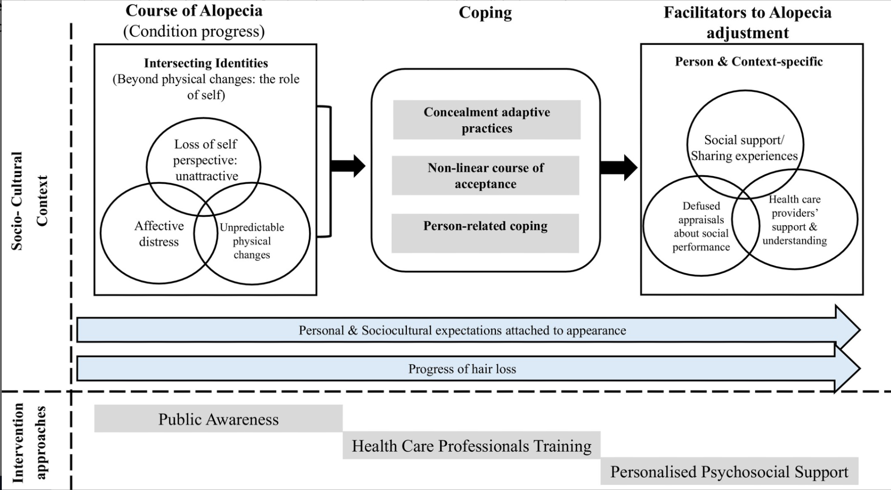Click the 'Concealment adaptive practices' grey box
click(x=486, y=120)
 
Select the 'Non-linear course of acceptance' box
click(x=486, y=176)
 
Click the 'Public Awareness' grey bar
click(x=218, y=419)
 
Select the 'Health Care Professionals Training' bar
click(x=471, y=445)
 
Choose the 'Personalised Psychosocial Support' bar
click(x=729, y=471)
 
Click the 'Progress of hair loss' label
click(x=462, y=369)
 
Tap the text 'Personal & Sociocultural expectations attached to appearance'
click(x=462, y=330)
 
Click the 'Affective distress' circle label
click(x=159, y=234)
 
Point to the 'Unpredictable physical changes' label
click(x=252, y=241)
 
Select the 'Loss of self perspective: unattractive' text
click(x=206, y=160)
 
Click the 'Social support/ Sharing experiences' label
click(x=744, y=148)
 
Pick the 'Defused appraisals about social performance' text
click(x=701, y=226)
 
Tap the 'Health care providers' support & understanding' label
click(x=794, y=220)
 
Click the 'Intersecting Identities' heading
click(x=206, y=63)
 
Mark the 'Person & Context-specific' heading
click(x=749, y=62)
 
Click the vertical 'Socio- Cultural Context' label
click(x=29, y=201)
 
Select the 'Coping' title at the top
click(x=485, y=12)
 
